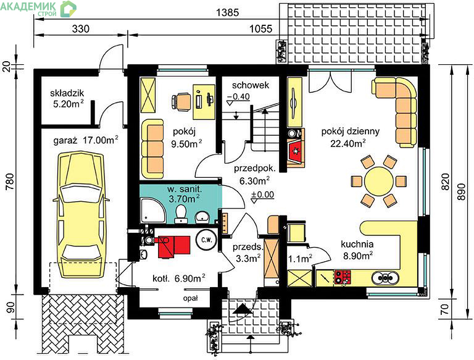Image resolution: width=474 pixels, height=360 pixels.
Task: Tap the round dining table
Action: [x=379, y=182]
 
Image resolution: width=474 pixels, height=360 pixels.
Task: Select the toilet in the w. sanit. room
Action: [x=181, y=214]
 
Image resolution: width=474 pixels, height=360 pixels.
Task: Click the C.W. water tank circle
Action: [x=207, y=240]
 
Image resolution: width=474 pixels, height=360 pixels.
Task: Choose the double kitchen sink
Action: [x=385, y=277]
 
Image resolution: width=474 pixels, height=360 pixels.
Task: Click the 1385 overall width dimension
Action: [x=228, y=12]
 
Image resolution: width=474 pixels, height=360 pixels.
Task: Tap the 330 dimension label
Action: [x=81, y=29]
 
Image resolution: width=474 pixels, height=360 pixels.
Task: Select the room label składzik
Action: [x=67, y=93]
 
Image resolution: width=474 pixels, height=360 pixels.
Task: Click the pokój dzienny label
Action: [x=351, y=132]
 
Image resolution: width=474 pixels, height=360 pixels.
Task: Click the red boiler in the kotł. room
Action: [x=174, y=247]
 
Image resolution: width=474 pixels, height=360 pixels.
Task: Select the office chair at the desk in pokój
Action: [x=181, y=101]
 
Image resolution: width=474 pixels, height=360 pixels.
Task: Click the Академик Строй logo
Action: [x=38, y=9]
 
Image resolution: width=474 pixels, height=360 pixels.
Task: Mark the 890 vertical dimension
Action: [x=461, y=191]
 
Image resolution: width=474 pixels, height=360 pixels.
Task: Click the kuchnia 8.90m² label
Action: [x=357, y=250]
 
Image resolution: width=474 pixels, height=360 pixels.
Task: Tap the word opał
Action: [x=191, y=298]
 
